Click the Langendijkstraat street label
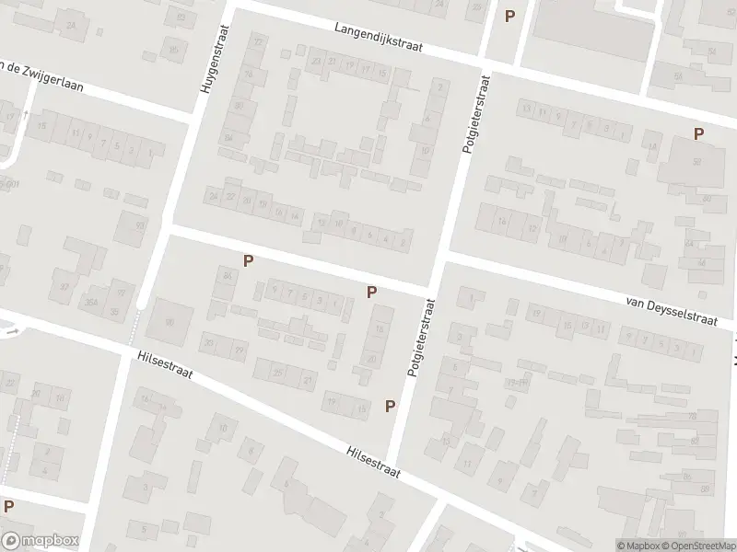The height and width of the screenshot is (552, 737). [x=378, y=39]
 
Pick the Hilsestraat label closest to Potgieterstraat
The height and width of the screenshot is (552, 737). [x=372, y=462]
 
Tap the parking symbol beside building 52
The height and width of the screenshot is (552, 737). [x=698, y=134]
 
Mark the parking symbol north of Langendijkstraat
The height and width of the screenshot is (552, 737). [x=510, y=15]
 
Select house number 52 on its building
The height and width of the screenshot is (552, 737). [x=696, y=162]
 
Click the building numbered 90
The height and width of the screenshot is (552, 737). [x=170, y=322]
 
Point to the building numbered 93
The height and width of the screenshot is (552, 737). [x=140, y=225]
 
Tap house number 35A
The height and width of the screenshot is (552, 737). [x=92, y=301]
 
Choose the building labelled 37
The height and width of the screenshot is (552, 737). [x=64, y=286]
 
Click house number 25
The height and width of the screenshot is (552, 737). [x=277, y=372]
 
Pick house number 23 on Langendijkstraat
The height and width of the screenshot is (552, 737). [x=316, y=62]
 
